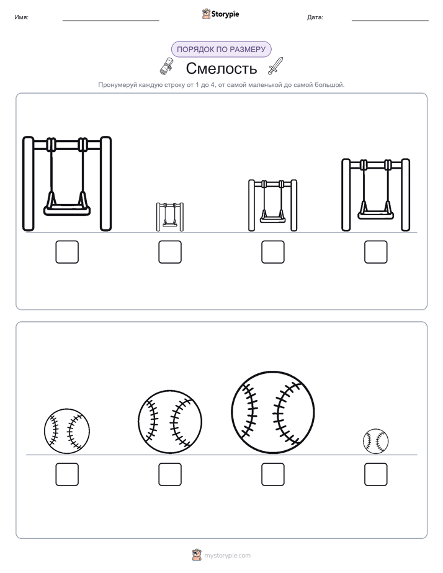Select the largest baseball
(x=272, y=412)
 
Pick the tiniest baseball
(x=375, y=442)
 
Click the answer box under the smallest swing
(x=170, y=252)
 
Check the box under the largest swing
(x=67, y=252)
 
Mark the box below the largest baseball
(x=272, y=474)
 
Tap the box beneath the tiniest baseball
(x=376, y=474)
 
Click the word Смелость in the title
(x=221, y=68)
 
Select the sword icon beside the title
(x=275, y=66)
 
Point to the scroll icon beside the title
(x=166, y=66)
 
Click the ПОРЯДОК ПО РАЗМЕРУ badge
(x=221, y=50)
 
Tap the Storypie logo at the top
(x=220, y=14)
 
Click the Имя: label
(x=22, y=17)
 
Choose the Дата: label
(x=315, y=17)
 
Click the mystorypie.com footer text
(x=227, y=556)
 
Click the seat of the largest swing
(x=67, y=210)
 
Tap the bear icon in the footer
(x=197, y=555)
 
